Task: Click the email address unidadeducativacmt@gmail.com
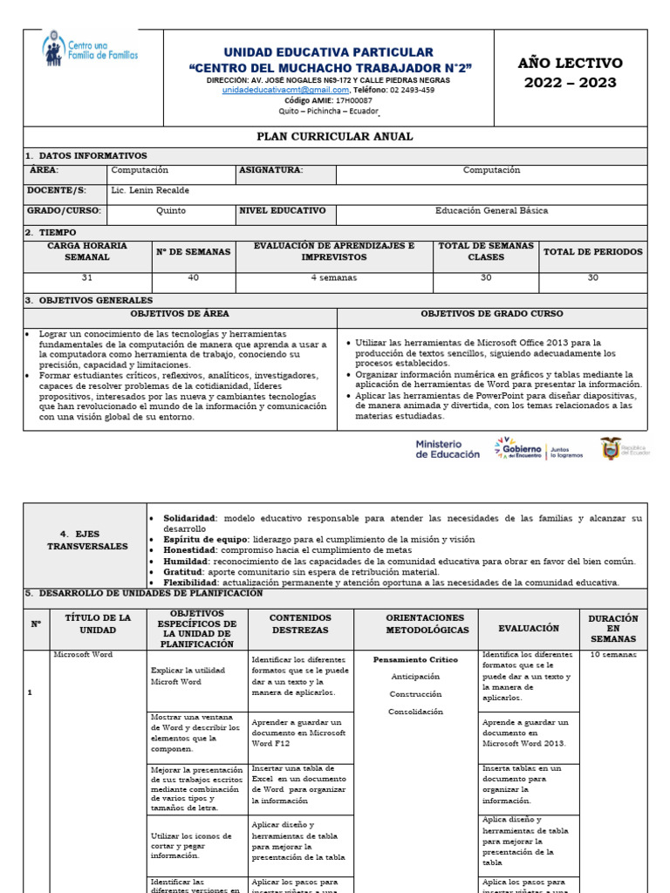285,90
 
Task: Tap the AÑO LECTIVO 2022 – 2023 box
571,73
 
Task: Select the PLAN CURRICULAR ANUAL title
335,137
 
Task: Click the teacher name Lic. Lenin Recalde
150,190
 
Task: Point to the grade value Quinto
171,211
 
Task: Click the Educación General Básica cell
490,211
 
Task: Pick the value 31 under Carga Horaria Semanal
86,277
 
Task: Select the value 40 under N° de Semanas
193,277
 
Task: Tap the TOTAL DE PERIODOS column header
592,252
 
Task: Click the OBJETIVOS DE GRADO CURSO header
491,314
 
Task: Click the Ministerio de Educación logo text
447,449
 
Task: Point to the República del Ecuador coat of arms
611,448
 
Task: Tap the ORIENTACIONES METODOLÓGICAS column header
415,623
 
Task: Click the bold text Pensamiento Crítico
415,659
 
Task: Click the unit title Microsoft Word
83,654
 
